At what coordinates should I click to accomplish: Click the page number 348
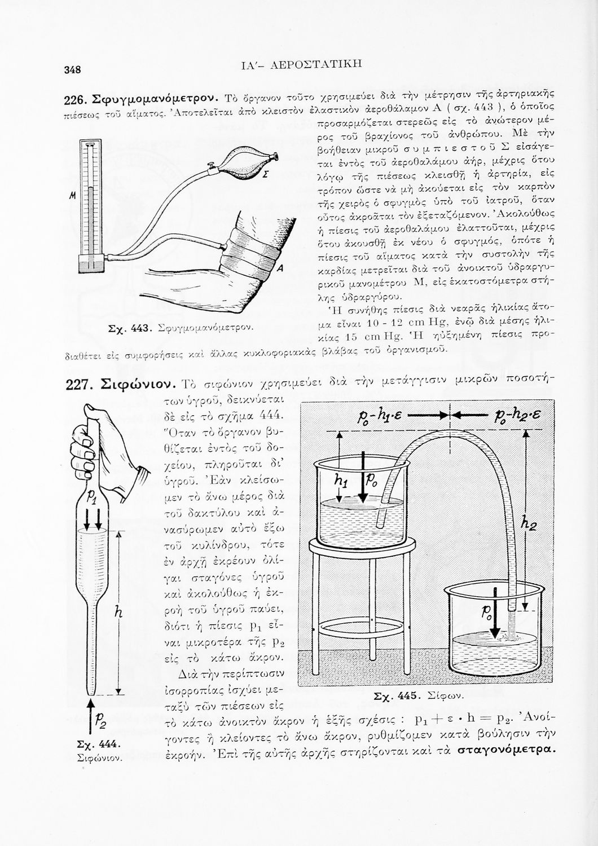(x=73, y=70)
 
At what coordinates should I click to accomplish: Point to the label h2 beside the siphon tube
(x=529, y=525)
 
